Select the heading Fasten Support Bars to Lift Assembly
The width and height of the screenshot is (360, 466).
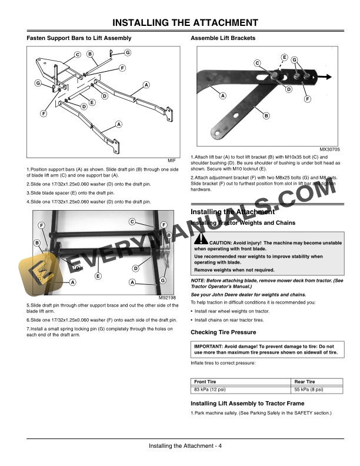coord(79,38)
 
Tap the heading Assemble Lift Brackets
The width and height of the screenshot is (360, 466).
coord(223,38)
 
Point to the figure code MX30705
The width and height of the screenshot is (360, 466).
coord(330,149)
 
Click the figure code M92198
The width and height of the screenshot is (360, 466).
coord(167,298)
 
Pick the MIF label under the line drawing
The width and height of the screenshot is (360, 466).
coord(171,160)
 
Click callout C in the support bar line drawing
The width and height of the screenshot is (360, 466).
coord(77,55)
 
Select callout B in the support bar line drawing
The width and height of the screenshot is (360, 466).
coord(90,54)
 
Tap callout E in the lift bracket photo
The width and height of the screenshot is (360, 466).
coord(284,57)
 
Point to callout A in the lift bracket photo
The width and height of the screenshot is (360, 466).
coord(223,95)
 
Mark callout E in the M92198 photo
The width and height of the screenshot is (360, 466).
coord(98,276)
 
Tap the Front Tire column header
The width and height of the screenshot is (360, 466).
coord(205,382)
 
